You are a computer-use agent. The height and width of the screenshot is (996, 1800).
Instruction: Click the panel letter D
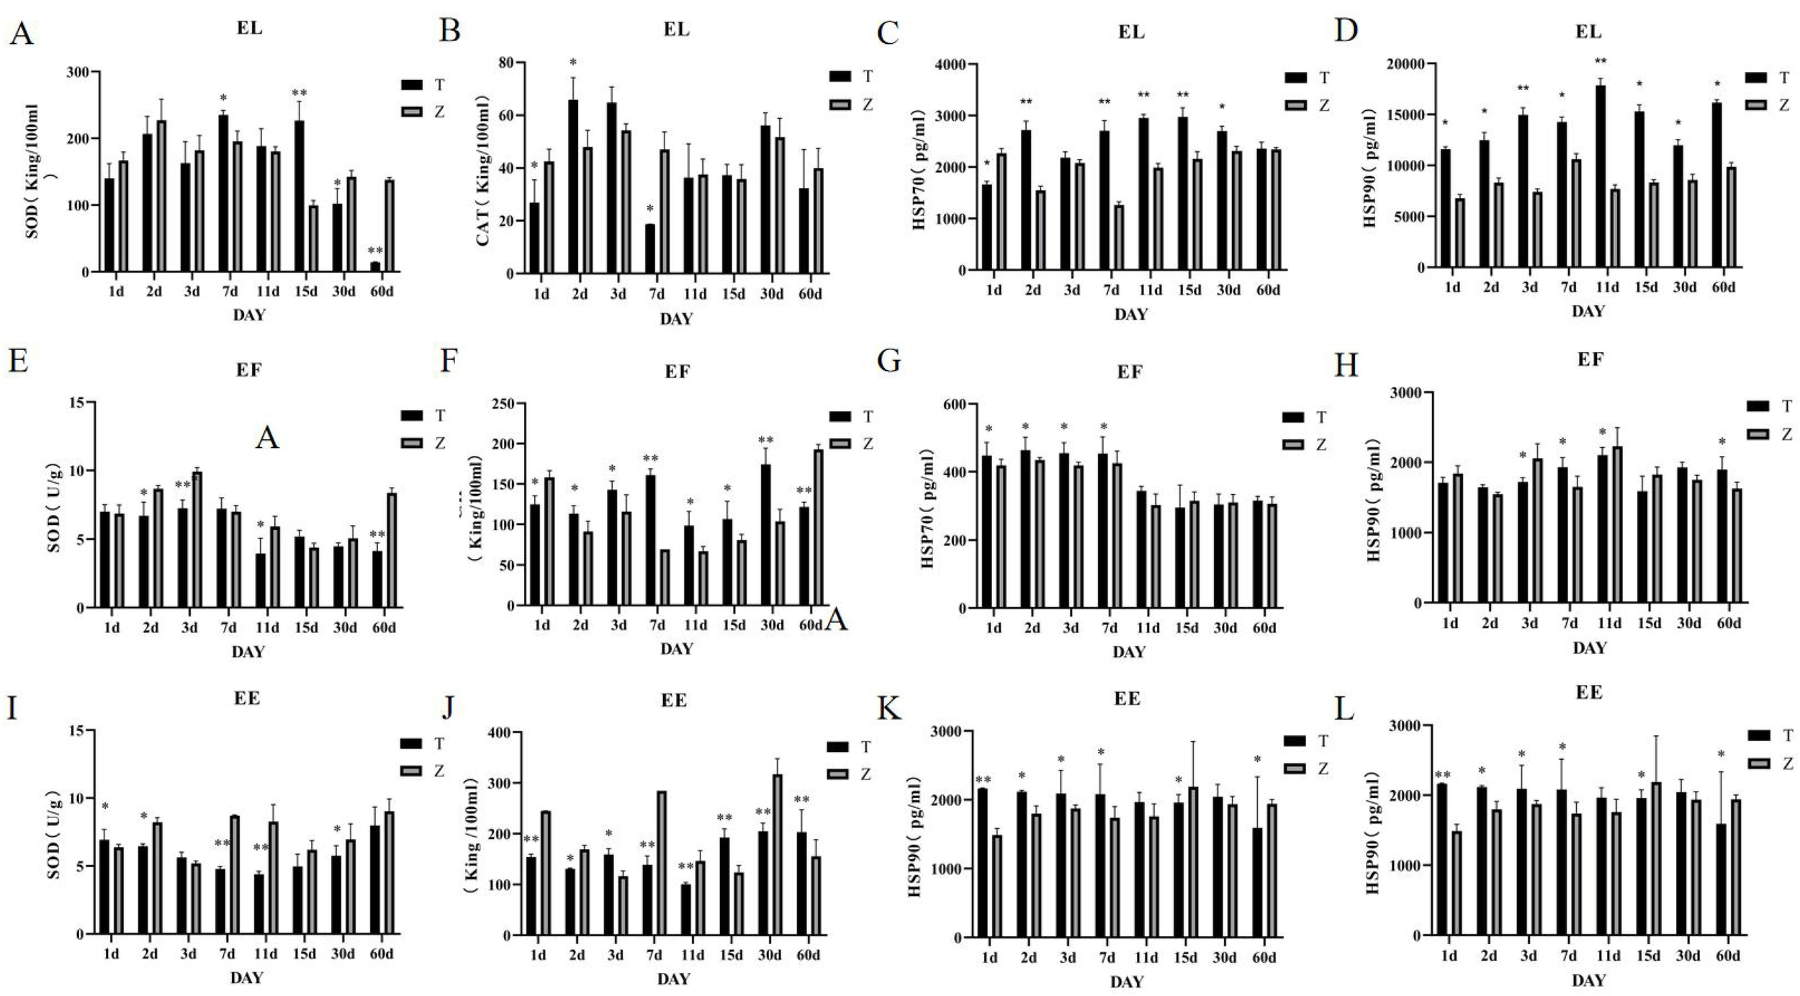[1346, 30]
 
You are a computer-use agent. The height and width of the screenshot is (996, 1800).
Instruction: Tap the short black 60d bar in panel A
[375, 266]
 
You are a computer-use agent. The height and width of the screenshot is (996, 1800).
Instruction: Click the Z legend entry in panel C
[1312, 106]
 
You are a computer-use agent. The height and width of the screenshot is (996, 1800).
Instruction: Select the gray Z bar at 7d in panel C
[1118, 238]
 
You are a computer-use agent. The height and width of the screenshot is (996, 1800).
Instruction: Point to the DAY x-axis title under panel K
[1126, 982]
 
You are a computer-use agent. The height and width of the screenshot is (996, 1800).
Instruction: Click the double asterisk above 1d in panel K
[984, 780]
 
